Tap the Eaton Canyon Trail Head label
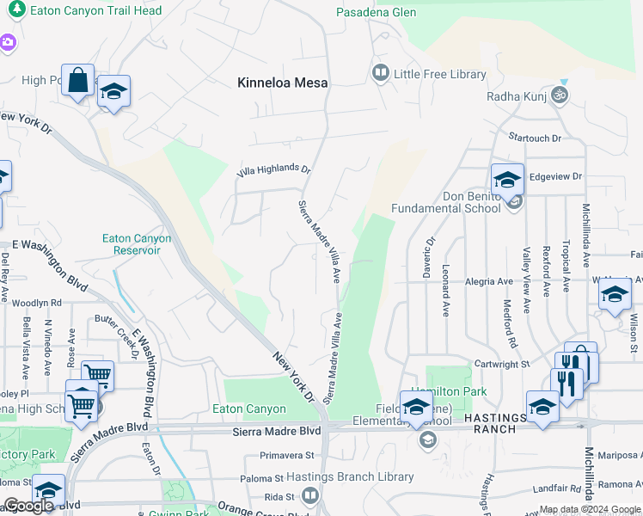click(x=95, y=11)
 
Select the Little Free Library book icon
click(x=380, y=74)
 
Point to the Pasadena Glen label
click(x=377, y=12)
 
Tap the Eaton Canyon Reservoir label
click(x=137, y=244)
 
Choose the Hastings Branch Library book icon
click(x=309, y=495)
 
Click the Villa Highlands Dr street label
click(x=273, y=169)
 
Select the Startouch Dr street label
click(x=534, y=138)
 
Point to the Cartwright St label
click(x=501, y=365)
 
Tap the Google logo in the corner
click(x=28, y=506)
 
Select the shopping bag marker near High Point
click(x=77, y=80)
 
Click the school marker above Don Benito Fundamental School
click(x=507, y=179)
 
